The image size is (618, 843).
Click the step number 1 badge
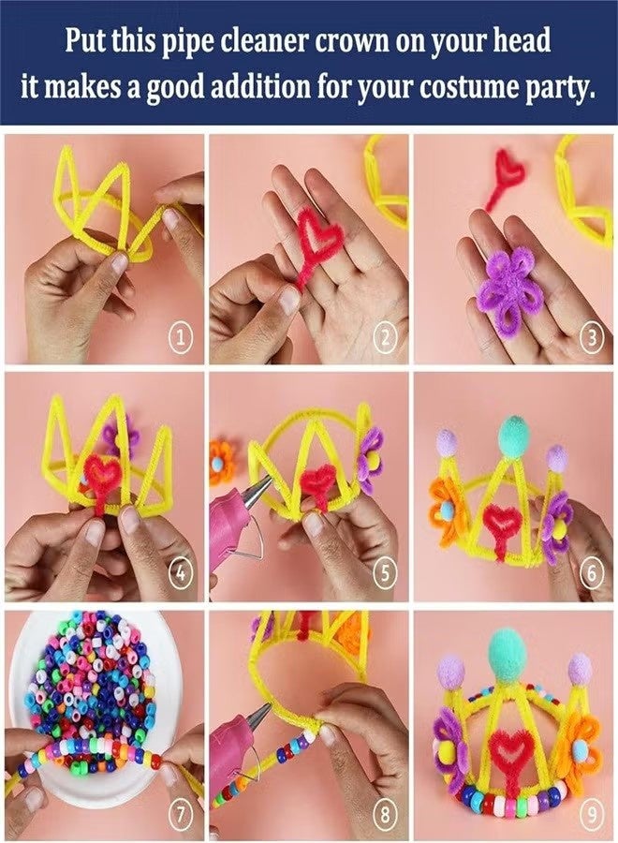181,339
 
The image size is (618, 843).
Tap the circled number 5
386,574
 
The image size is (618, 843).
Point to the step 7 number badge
182,814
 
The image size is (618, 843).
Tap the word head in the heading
525,41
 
